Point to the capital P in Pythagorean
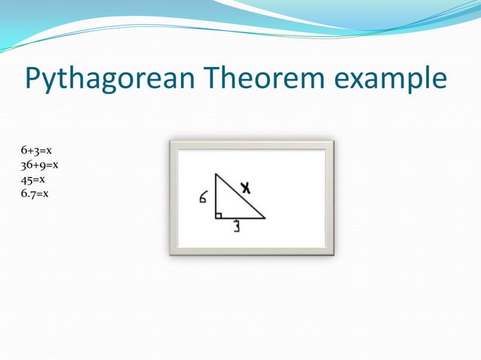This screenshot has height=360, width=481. point(35,78)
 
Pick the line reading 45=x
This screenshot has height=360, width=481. point(33,179)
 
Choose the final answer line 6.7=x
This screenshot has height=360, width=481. point(35,194)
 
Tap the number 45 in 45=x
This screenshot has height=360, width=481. point(27,179)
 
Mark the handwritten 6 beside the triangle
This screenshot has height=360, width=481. point(204,198)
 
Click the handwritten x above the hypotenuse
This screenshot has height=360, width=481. point(245,186)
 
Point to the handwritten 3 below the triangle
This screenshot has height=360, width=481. point(236,227)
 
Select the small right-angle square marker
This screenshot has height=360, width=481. point(218,215)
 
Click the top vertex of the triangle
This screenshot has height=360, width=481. point(216,174)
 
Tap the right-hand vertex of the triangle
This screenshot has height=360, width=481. point(265,218)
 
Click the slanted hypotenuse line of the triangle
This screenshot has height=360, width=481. point(240,196)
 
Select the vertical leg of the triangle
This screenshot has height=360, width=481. point(216,196)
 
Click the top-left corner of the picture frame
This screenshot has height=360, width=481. point(172,142)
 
